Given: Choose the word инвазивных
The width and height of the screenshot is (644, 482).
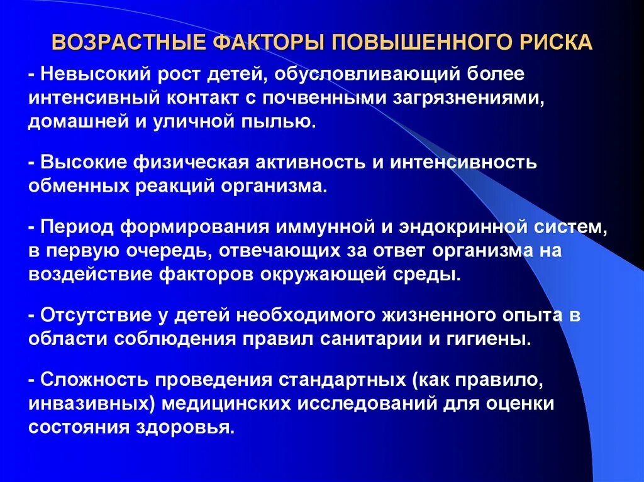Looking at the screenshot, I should pyautogui.click(x=80, y=404).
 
